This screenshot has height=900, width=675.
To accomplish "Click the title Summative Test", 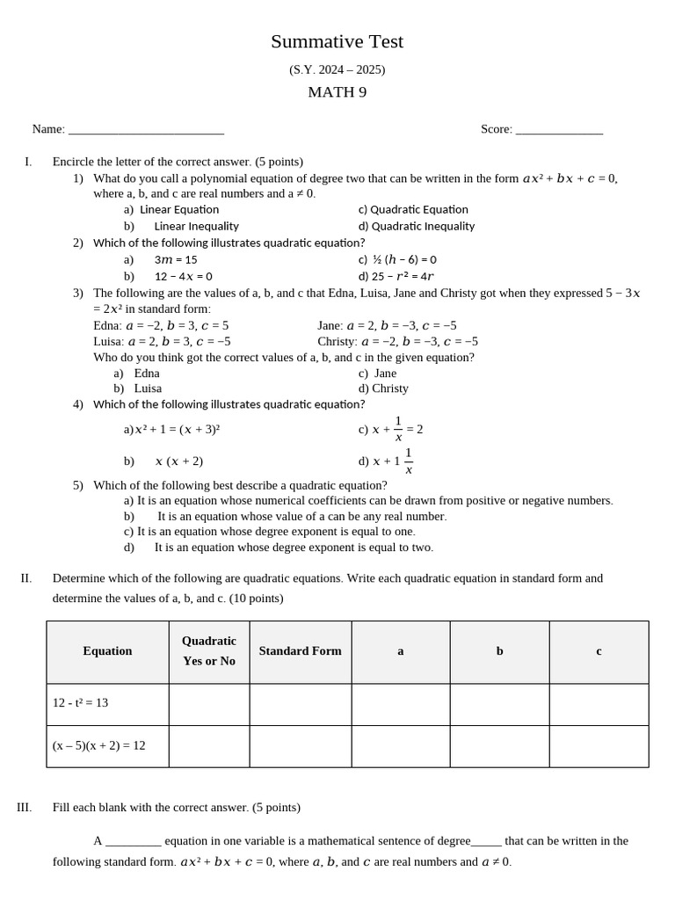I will [x=337, y=41].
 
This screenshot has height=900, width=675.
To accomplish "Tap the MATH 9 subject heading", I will [x=337, y=92].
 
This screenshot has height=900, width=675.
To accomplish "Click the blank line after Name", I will [x=146, y=130].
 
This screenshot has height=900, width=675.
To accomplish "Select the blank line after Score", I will [x=559, y=130].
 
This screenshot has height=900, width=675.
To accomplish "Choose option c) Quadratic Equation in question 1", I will [x=413, y=209].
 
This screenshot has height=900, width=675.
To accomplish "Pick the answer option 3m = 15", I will [x=176, y=259].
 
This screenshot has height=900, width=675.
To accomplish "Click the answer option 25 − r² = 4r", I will [x=402, y=275].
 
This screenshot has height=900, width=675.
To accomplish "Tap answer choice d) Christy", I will [x=383, y=388].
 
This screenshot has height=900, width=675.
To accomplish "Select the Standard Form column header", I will [x=300, y=651].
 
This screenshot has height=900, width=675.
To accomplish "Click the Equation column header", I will [x=107, y=651].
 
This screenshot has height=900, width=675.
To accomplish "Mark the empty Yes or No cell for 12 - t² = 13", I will [x=209, y=704].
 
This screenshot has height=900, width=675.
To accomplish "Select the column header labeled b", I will [x=499, y=651].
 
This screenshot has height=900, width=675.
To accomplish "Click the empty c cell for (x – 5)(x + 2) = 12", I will [x=599, y=746].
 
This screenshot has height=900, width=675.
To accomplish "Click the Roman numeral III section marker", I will [x=24, y=807].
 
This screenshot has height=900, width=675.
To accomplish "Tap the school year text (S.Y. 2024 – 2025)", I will [x=337, y=69].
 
